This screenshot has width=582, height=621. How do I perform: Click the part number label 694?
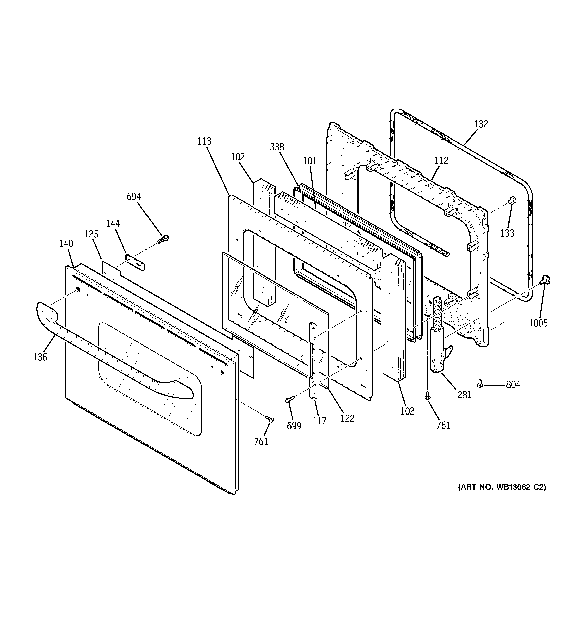pyautogui.click(x=134, y=197)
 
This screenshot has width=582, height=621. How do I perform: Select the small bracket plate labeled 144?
pyautogui.click(x=135, y=262)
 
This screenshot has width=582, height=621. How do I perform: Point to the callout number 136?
pyautogui.click(x=40, y=357)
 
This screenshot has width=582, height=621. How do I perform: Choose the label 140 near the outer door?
pyautogui.click(x=66, y=244)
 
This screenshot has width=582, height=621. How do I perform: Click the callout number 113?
pyautogui.click(x=204, y=141)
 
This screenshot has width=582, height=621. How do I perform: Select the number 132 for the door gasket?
pyautogui.click(x=481, y=124)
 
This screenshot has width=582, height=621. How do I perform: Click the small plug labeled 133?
pyautogui.click(x=512, y=200)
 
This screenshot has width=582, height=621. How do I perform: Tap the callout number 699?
pyautogui.click(x=294, y=426)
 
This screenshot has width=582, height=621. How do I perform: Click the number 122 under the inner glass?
pyautogui.click(x=347, y=418)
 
